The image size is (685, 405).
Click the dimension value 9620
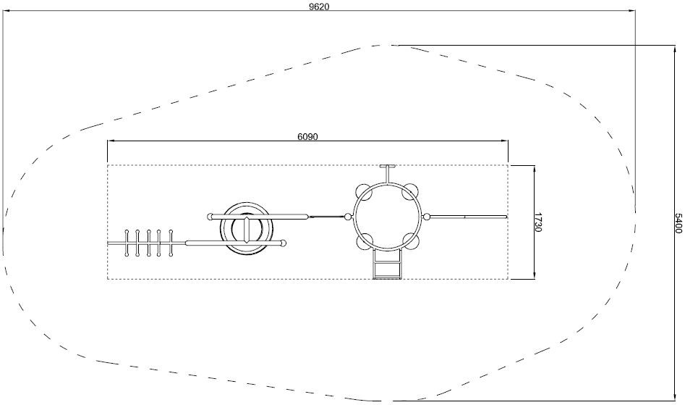pos(319,7)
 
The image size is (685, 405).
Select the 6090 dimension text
pos(308,136)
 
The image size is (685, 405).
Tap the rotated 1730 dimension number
pos(537,222)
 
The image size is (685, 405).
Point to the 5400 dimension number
pos(678,223)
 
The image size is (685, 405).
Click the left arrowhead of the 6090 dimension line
pos(111,141)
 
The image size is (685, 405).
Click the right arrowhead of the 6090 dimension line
pos(505,141)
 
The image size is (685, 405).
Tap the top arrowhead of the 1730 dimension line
pos(535,170)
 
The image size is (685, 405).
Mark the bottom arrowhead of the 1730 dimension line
pos(535,275)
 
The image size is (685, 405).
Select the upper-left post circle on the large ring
pos(363,192)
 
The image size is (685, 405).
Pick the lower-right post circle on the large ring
pos(411,241)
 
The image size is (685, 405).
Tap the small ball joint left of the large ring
pos(348,217)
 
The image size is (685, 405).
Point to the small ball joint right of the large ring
pos(427,217)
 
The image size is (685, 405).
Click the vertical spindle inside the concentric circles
pos(247,229)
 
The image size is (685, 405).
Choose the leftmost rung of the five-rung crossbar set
pos(127,243)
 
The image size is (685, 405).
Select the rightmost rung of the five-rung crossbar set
pos(171,243)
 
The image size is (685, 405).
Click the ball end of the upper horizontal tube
pos(210,216)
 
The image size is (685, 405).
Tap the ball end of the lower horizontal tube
pos(284,243)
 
